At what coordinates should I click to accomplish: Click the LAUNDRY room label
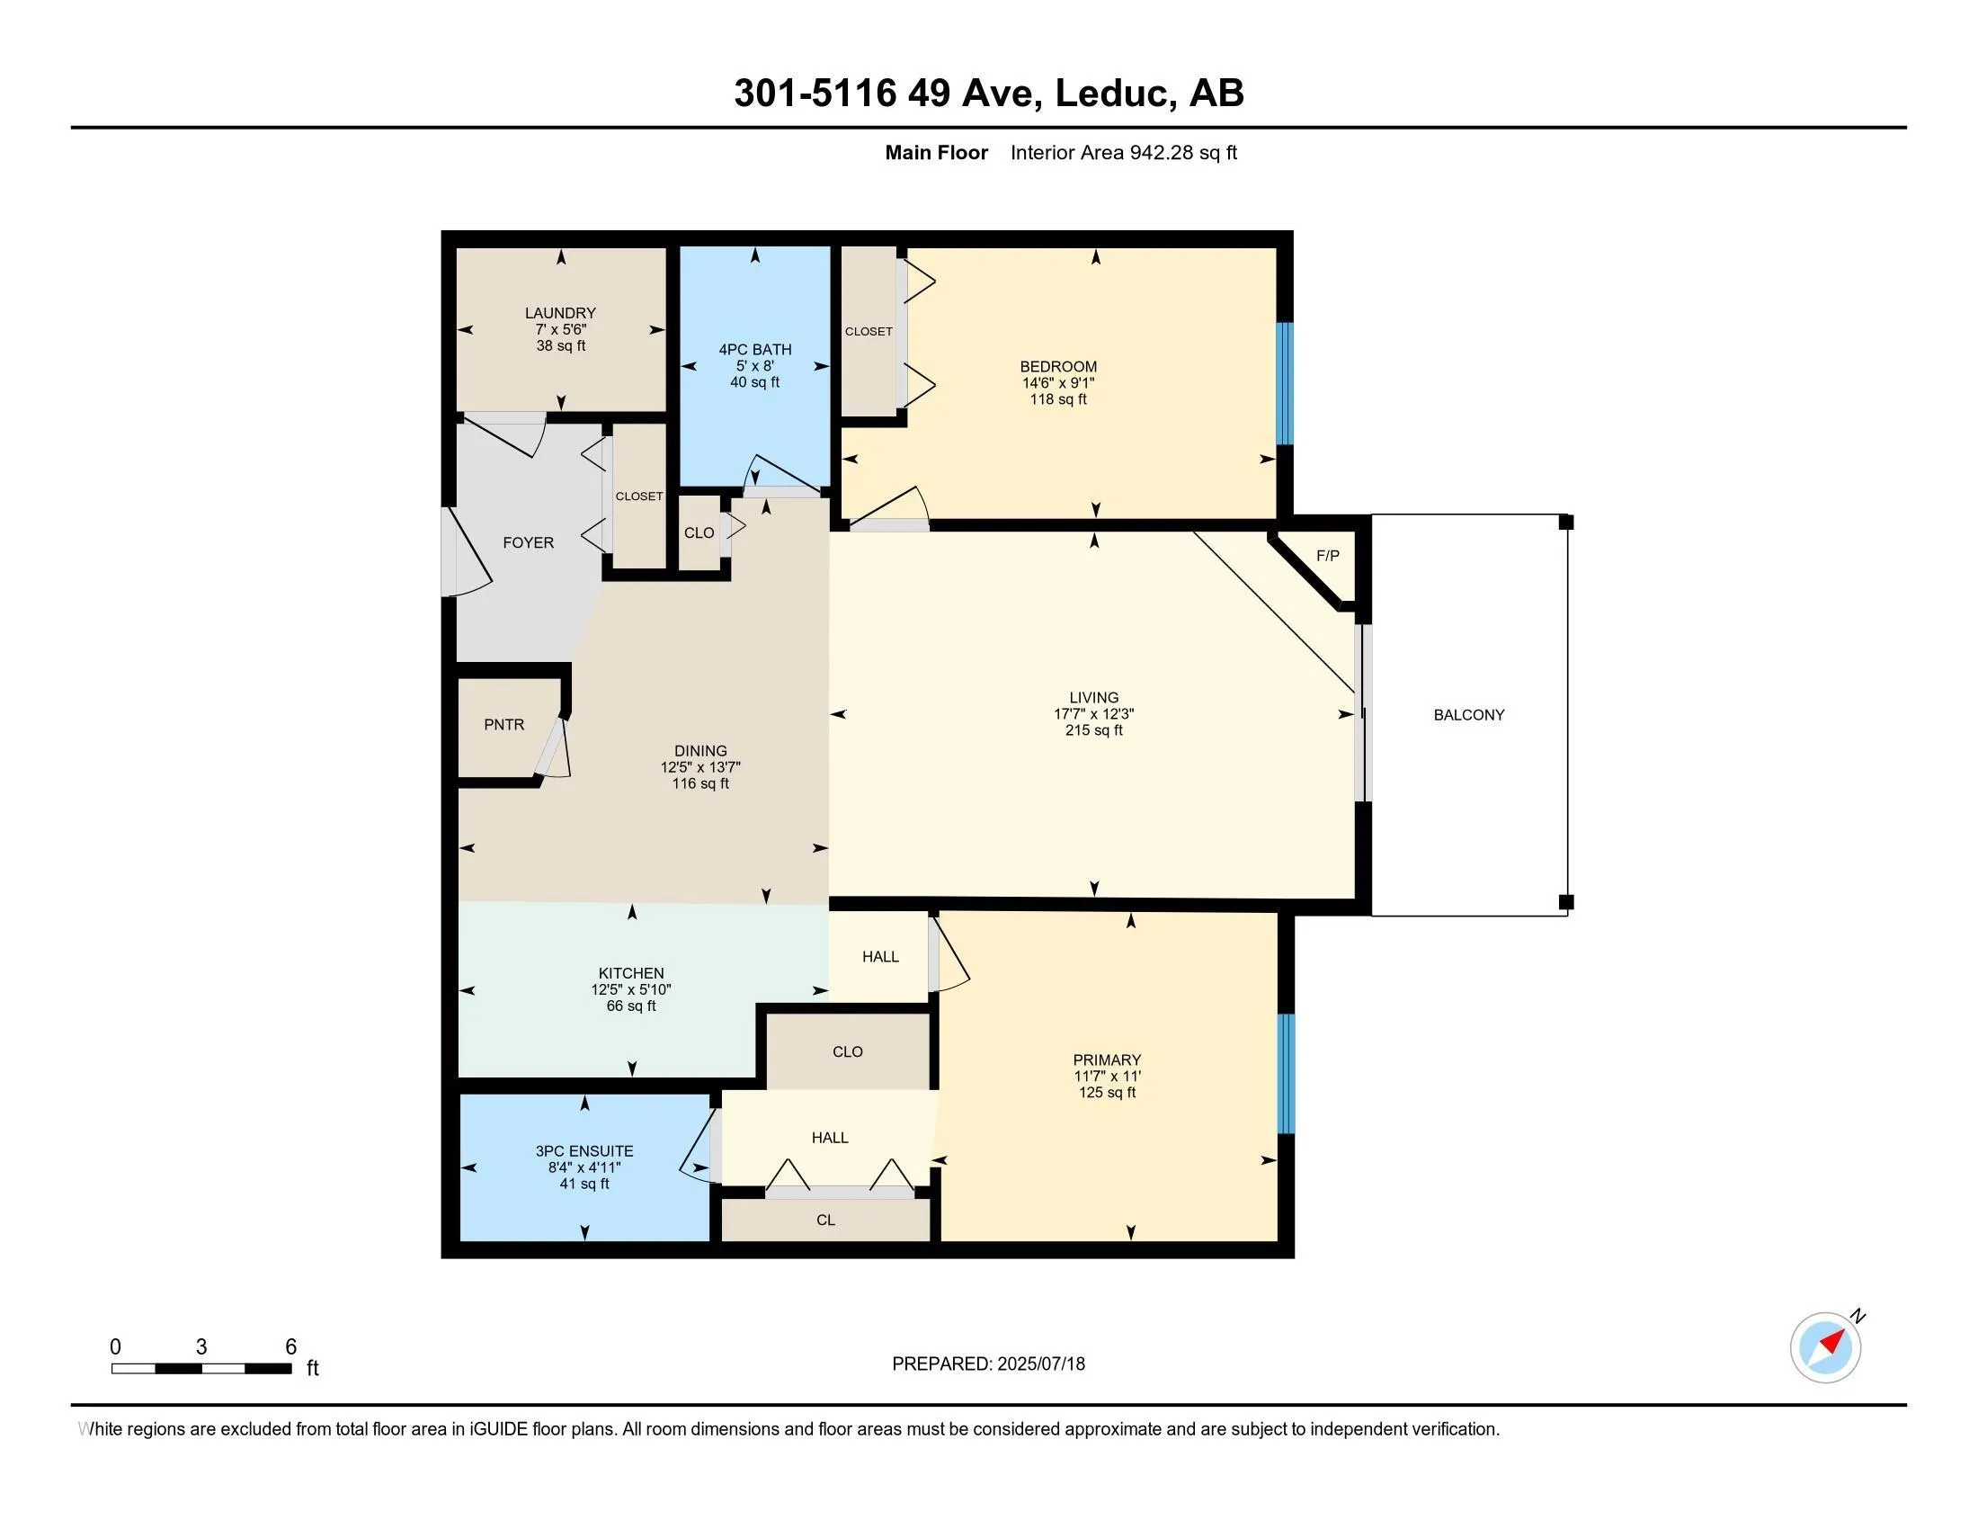(x=561, y=313)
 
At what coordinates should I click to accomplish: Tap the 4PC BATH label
(x=755, y=350)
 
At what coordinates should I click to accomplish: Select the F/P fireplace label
(x=1328, y=555)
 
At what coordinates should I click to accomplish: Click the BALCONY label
(x=1469, y=715)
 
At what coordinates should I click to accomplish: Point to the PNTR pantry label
(x=504, y=725)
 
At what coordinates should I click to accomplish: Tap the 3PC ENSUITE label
(x=584, y=1151)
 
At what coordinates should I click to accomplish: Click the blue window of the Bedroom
(x=1284, y=383)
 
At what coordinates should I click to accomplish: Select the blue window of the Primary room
(x=1285, y=1073)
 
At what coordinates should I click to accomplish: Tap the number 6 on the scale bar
(x=290, y=1347)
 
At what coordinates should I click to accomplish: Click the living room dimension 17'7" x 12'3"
(x=1094, y=714)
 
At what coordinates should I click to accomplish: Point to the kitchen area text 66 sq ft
(x=631, y=1006)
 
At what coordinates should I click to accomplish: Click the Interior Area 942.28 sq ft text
(x=1124, y=152)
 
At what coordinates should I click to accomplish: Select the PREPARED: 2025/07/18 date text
(x=988, y=1364)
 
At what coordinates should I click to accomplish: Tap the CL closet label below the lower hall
(x=826, y=1221)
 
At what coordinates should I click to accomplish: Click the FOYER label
(x=529, y=542)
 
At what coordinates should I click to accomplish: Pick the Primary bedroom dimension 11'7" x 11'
(x=1107, y=1076)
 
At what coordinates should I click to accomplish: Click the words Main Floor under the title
(x=937, y=152)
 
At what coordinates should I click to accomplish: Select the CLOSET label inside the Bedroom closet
(x=869, y=332)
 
